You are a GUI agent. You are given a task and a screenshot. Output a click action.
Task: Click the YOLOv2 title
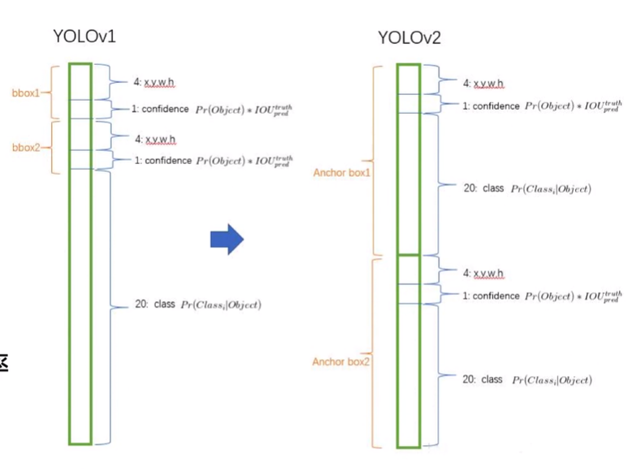[x=409, y=37]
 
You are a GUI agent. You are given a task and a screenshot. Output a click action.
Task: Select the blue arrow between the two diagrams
[x=227, y=238]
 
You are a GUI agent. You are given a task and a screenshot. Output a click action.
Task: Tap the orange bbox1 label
[x=25, y=93]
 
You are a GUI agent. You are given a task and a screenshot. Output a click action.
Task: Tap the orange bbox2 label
[x=25, y=148]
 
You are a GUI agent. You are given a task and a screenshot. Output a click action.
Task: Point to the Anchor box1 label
[x=341, y=173]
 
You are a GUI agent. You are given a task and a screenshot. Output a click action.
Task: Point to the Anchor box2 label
[x=341, y=361]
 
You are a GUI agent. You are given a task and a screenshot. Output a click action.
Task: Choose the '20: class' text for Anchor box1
[x=483, y=188]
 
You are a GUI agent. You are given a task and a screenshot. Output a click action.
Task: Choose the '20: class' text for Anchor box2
[x=483, y=379]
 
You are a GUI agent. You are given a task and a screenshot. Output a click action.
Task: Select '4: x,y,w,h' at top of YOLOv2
[x=483, y=84]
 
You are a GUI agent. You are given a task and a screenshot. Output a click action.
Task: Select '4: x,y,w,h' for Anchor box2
[x=483, y=273]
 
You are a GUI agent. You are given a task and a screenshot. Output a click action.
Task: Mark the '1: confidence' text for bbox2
[x=162, y=161]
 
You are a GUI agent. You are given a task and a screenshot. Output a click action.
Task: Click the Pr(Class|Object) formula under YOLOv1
[x=220, y=305]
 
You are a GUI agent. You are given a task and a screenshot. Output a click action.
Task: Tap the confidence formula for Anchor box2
[x=573, y=296]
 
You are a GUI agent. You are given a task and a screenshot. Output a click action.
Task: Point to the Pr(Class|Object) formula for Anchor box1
[x=551, y=189]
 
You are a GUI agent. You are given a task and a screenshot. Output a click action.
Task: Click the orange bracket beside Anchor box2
[x=374, y=352]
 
